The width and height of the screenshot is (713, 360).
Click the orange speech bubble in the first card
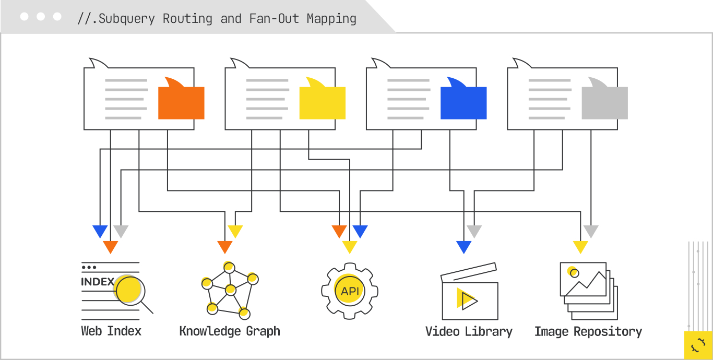(181, 102)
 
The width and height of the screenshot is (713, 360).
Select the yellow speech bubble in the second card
(322, 102)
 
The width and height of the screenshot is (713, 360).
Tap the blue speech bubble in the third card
(464, 102)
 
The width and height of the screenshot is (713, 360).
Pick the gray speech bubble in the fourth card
(604, 102)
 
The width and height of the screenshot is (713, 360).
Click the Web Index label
(111, 331)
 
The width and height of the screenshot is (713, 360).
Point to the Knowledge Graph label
(230, 331)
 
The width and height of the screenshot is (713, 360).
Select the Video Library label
(469, 331)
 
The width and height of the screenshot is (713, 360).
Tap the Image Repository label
(588, 331)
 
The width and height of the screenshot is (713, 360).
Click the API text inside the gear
(350, 291)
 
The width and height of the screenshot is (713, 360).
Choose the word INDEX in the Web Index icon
(98, 282)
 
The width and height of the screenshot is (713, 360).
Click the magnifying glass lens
(129, 291)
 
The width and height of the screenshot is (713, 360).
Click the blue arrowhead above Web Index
(100, 231)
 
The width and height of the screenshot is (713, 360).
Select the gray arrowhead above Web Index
(121, 231)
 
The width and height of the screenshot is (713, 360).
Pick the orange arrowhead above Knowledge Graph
(224, 247)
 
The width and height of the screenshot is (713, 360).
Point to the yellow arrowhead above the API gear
(349, 247)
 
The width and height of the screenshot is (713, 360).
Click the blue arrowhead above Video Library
(464, 247)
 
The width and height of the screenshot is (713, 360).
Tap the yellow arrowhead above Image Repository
(580, 247)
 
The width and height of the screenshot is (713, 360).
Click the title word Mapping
(331, 19)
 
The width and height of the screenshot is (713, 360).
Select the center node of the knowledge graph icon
(230, 290)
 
